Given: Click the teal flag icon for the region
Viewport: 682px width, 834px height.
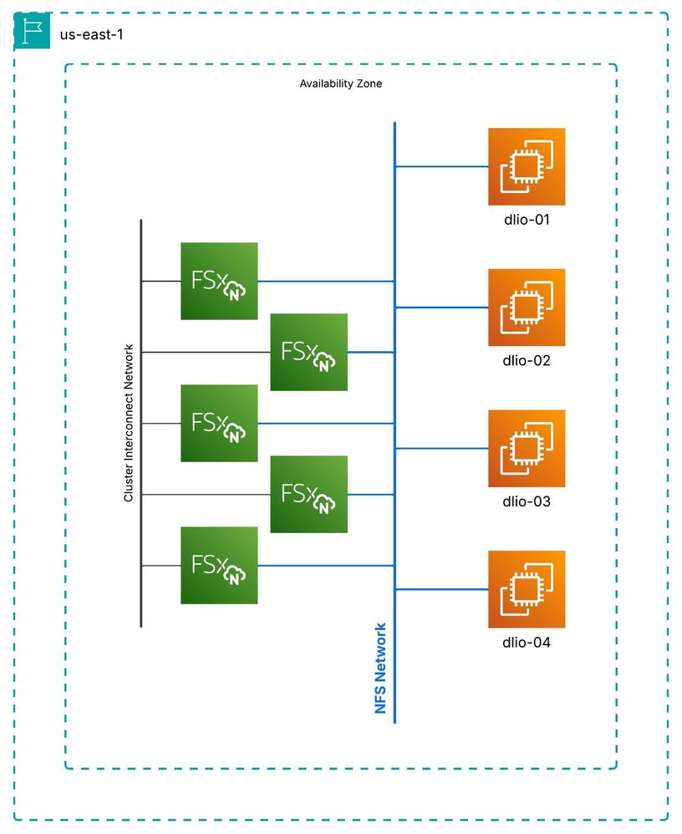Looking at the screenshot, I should click(x=33, y=32).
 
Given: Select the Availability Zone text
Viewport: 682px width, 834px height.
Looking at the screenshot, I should click(x=341, y=84).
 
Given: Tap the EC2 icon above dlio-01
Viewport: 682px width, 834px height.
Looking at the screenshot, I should click(x=527, y=166).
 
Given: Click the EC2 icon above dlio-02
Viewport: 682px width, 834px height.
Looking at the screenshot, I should click(x=527, y=307).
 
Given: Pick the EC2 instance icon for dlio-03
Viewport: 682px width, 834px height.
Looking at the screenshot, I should click(x=527, y=448).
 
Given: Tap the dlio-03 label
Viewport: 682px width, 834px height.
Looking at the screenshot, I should click(x=527, y=502).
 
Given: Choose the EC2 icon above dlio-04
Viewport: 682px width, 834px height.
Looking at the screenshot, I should click(x=527, y=589).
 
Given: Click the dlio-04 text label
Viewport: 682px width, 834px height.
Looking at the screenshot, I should click(x=527, y=643).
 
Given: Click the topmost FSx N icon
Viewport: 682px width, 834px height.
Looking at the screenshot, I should click(x=219, y=281).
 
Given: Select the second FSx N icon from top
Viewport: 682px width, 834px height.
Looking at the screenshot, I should click(x=308, y=352).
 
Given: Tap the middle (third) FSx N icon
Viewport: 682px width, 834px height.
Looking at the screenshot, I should click(x=219, y=423).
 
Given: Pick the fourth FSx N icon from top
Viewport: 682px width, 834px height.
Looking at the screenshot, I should click(x=308, y=494).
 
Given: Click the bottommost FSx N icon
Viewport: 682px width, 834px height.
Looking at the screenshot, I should click(x=219, y=565).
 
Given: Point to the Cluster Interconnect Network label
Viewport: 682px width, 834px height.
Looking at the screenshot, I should click(x=129, y=423).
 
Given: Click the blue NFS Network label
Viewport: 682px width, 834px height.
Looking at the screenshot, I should click(x=381, y=668).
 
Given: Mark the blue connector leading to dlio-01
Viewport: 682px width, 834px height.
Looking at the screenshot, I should click(x=441, y=166).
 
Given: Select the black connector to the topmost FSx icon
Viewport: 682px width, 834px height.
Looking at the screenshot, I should click(x=161, y=282).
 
